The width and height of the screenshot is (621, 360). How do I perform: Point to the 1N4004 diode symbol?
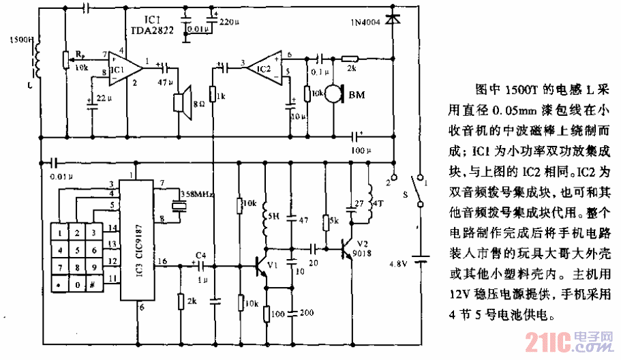tap(393, 21)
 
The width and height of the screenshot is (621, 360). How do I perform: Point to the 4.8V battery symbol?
tap(420, 258)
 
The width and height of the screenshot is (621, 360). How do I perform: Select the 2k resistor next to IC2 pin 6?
tap(350, 59)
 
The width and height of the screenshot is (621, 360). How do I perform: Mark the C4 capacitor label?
tap(200, 255)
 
